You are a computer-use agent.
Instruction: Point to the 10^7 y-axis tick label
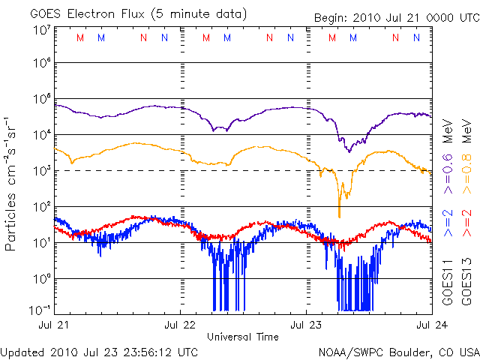point(40,31)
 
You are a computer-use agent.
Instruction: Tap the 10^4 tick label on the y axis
point(40,135)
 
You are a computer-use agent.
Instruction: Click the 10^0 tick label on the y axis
point(40,278)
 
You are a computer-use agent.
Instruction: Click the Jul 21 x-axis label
point(56,325)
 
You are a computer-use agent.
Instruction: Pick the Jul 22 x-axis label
point(181,325)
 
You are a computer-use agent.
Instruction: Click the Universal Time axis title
point(243,337)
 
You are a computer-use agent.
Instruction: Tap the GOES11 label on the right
point(448,281)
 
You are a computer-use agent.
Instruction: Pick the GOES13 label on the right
point(466,281)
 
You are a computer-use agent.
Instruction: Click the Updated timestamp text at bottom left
point(100,351)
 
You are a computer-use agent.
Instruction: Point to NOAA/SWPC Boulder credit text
point(398,351)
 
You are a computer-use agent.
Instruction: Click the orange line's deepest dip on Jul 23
point(340,216)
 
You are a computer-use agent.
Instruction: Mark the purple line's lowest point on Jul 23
point(348,151)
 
